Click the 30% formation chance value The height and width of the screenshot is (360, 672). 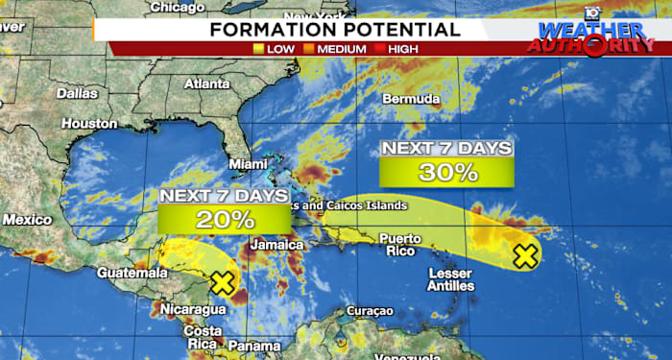[446, 173]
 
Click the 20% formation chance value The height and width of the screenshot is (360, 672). [226, 219]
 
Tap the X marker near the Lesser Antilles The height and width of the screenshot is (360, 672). [524, 255]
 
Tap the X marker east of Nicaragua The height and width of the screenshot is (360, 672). [223, 283]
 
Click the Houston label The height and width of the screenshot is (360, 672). [88, 124]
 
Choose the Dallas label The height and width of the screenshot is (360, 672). [77, 94]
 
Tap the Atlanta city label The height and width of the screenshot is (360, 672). [206, 84]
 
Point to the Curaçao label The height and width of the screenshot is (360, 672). [369, 311]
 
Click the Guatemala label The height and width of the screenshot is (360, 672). [125, 274]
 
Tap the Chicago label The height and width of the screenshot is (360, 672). [178, 8]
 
